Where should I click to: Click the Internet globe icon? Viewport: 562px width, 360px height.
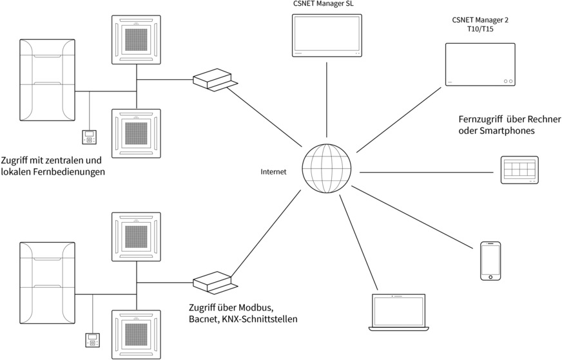[327, 169]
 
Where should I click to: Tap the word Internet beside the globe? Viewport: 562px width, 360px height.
[273, 172]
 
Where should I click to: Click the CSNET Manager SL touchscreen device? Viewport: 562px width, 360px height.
[327, 35]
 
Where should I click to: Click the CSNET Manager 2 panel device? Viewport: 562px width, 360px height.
[480, 65]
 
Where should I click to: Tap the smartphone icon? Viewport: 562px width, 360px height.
[490, 261]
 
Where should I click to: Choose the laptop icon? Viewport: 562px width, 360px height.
[398, 313]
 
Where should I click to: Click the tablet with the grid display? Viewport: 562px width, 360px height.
[519, 171]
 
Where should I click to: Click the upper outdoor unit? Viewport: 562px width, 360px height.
[47, 81]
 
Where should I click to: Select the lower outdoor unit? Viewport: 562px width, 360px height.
[47, 283]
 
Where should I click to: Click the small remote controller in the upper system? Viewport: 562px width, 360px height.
[89, 137]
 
